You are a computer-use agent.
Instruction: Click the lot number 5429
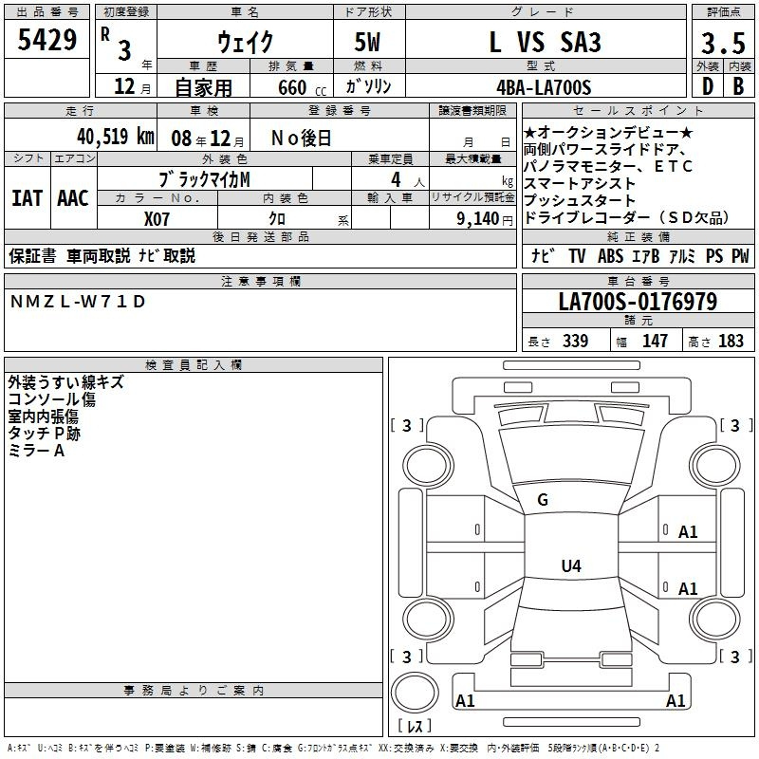(x=46, y=40)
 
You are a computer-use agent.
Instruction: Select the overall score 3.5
(x=723, y=43)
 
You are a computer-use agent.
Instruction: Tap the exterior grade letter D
(x=708, y=86)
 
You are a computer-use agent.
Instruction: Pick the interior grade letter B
(x=738, y=86)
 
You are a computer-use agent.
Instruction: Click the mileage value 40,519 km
(x=116, y=137)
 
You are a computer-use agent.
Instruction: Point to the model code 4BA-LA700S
(x=544, y=87)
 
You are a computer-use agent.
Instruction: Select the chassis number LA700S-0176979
(x=638, y=302)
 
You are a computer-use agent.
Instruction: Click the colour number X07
(x=157, y=219)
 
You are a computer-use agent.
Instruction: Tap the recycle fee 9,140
(x=478, y=219)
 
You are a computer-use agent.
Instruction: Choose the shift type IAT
(x=27, y=198)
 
